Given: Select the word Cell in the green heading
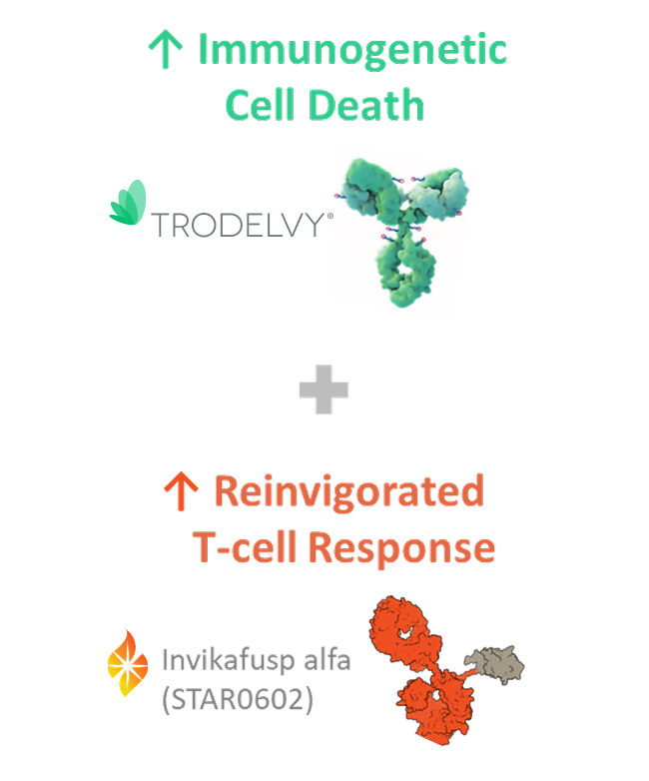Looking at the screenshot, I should pyautogui.click(x=259, y=104).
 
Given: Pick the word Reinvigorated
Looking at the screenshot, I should pyautogui.click(x=348, y=491).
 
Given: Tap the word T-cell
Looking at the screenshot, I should pyautogui.click(x=244, y=547).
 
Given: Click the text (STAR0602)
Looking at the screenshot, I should pyautogui.click(x=238, y=701).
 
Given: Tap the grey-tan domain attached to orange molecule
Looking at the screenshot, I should pyautogui.click(x=496, y=661).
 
